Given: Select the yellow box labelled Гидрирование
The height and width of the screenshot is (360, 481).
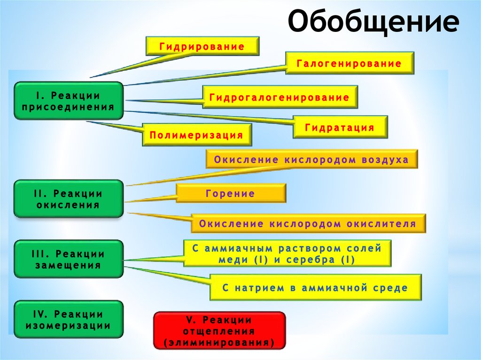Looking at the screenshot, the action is pyautogui.click(x=202, y=47).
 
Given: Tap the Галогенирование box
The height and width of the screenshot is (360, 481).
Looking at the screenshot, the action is pyautogui.click(x=349, y=63).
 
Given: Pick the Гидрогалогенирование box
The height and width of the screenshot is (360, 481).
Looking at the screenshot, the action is pyautogui.click(x=279, y=98).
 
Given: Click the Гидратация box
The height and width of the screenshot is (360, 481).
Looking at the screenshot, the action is pyautogui.click(x=340, y=127).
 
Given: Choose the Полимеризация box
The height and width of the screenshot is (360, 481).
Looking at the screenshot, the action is pyautogui.click(x=197, y=135).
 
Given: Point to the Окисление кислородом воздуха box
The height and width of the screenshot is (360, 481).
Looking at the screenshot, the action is pyautogui.click(x=311, y=160).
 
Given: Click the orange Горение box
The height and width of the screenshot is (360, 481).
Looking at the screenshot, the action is pyautogui.click(x=230, y=193).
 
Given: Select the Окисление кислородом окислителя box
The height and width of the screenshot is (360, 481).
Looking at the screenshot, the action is pyautogui.click(x=308, y=224).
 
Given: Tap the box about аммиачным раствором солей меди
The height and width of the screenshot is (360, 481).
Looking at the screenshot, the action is pyautogui.click(x=287, y=253).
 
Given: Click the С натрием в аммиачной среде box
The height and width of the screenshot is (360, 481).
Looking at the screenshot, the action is pyautogui.click(x=315, y=288).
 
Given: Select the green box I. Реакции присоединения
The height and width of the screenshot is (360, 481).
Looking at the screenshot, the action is pyautogui.click(x=69, y=101).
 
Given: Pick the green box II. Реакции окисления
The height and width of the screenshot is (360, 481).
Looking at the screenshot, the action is pyautogui.click(x=69, y=199).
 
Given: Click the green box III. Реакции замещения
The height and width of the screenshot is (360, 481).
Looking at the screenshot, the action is pyautogui.click(x=69, y=259).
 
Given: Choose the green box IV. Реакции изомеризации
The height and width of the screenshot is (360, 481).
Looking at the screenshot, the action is pyautogui.click(x=69, y=320).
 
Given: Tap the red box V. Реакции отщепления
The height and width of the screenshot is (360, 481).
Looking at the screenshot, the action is pyautogui.click(x=219, y=331).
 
